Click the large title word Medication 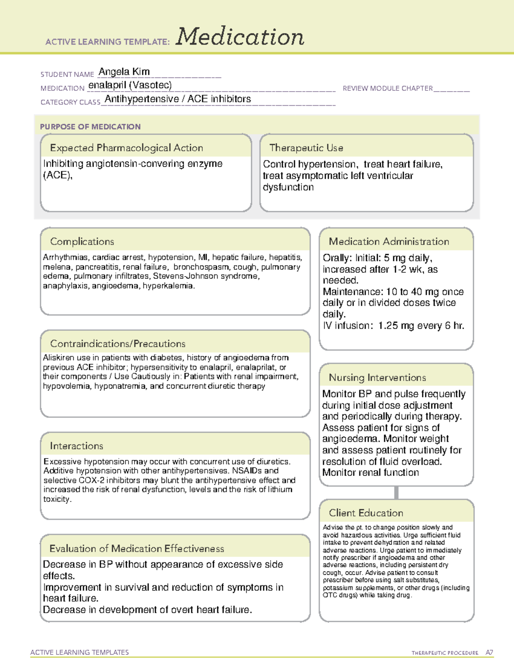(x=240, y=37)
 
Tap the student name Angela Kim (x=124, y=72)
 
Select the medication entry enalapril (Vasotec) (x=130, y=85)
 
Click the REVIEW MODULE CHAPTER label (x=388, y=88)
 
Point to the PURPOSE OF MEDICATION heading (x=90, y=127)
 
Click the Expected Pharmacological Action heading (x=126, y=148)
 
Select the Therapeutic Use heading (x=306, y=148)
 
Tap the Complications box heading (x=82, y=242)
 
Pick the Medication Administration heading (x=388, y=242)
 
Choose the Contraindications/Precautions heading (x=117, y=343)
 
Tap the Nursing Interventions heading (x=377, y=378)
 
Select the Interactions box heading (x=76, y=446)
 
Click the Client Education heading (x=366, y=513)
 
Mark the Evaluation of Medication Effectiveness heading (x=137, y=549)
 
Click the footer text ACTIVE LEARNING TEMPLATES (x=80, y=652)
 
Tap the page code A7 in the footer (x=489, y=653)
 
